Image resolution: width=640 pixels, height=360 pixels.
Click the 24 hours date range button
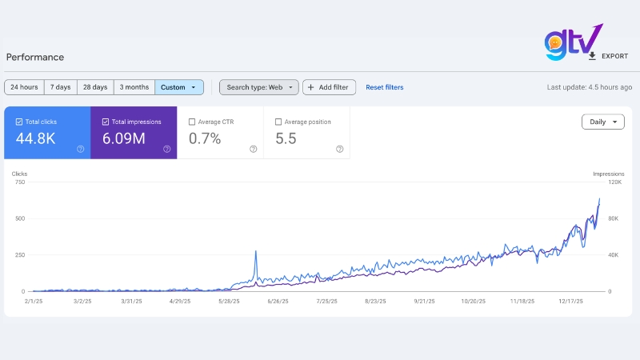tap(24, 87)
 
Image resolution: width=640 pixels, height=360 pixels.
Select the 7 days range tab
tap(60, 87)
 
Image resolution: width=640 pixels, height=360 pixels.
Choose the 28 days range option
tap(96, 87)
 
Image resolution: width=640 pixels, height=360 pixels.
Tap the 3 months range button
tap(134, 87)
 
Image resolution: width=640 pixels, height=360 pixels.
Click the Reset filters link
tap(384, 87)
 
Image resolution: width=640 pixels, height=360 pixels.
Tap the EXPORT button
tap(608, 56)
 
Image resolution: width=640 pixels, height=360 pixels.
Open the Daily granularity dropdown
tap(602, 122)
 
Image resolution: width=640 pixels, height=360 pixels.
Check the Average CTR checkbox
tap(192, 122)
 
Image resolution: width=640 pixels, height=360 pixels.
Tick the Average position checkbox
tap(278, 122)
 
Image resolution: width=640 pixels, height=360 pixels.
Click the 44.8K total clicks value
tap(36, 138)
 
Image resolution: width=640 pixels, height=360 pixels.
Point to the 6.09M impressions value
tap(124, 138)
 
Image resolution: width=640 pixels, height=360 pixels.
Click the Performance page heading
tap(35, 57)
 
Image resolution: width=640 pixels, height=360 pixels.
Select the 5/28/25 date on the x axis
tap(231, 302)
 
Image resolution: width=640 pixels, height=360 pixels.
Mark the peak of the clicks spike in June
tap(255, 251)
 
